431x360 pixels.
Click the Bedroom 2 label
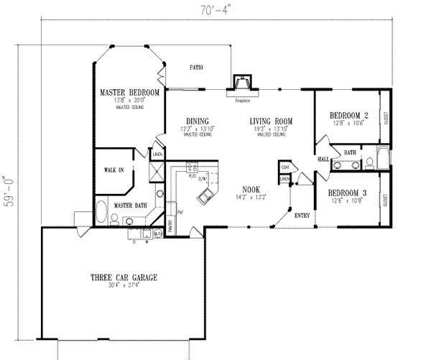[x=348, y=115]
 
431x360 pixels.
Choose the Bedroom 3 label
[x=348, y=193]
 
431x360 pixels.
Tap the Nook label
[x=250, y=189]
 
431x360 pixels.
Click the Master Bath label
[x=131, y=206]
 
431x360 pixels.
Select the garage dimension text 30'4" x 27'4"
[x=124, y=286]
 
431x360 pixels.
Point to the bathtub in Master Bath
[x=101, y=213]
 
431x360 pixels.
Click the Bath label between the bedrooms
[x=350, y=152]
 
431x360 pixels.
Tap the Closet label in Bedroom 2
[x=387, y=115]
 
